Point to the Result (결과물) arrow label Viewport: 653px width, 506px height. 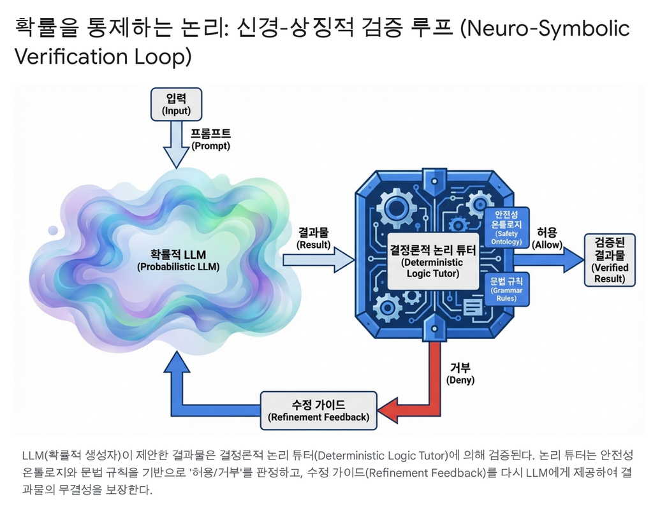313,238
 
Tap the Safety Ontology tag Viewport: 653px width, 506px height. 506,228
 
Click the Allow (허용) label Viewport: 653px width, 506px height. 547,238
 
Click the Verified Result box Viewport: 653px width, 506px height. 610,259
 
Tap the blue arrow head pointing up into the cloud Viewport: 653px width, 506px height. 177,365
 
